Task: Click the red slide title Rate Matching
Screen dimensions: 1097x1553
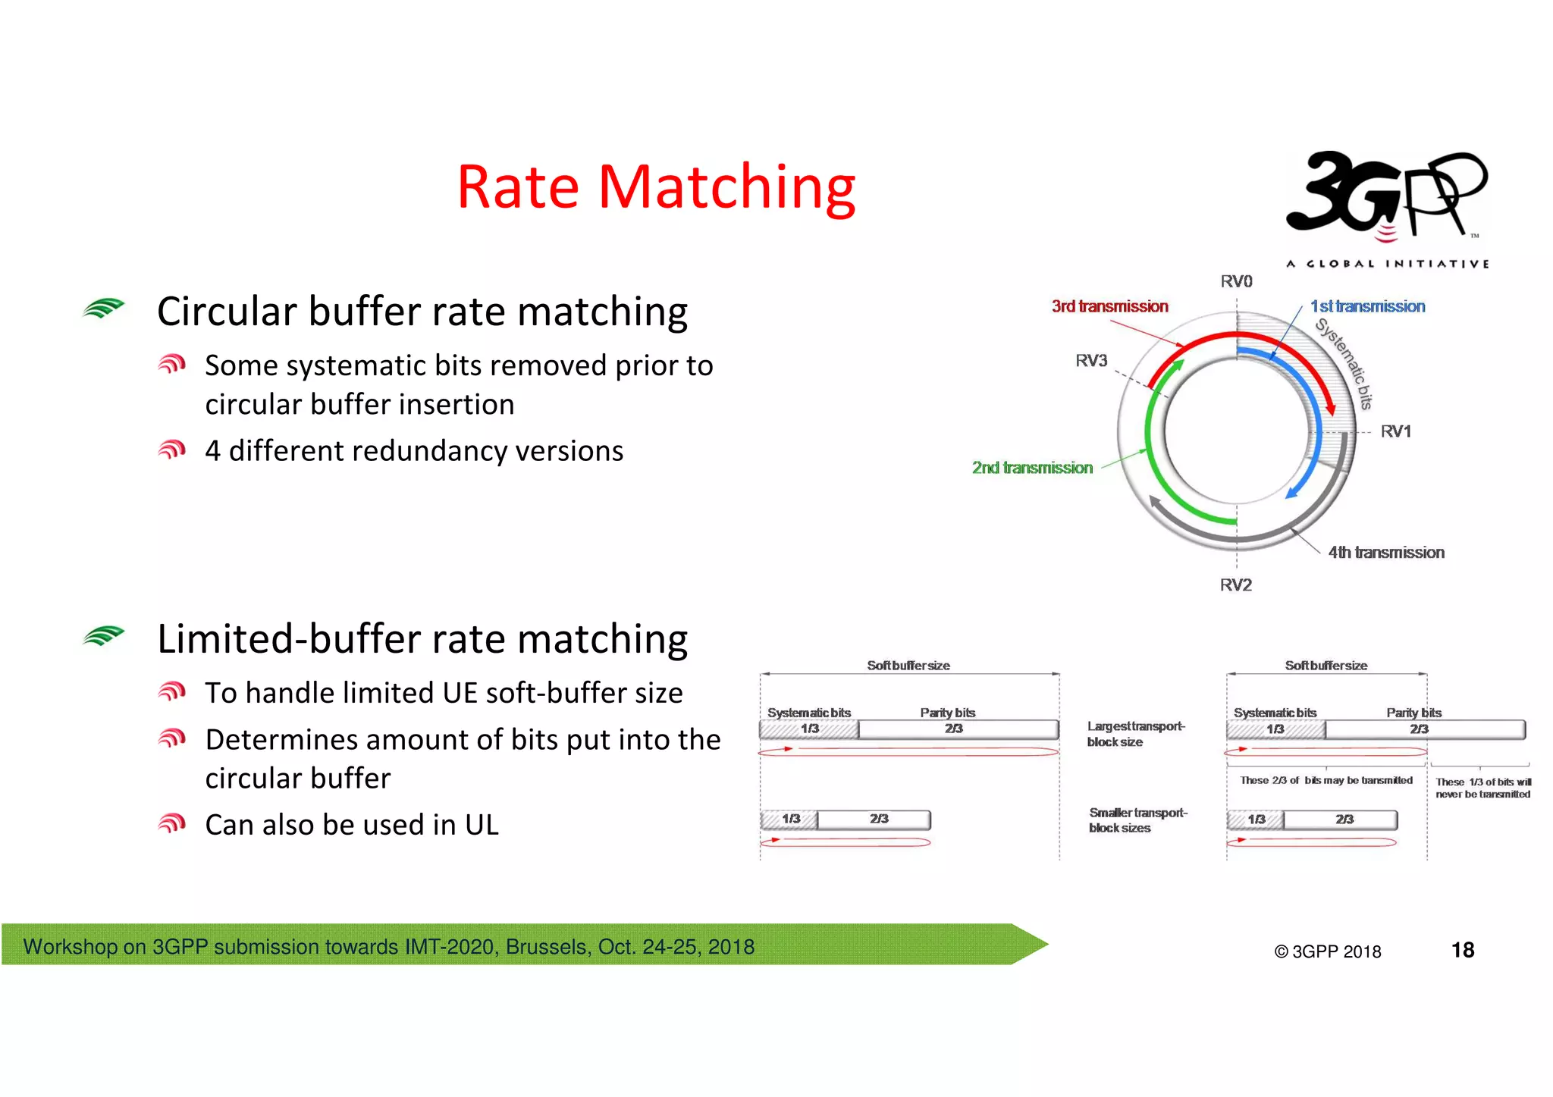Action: [656, 187]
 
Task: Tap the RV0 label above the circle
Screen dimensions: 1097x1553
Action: [1236, 281]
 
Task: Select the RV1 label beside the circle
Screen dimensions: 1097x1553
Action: [1395, 431]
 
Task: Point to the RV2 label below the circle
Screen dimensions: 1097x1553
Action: [1235, 585]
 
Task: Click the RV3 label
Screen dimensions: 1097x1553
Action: [1091, 360]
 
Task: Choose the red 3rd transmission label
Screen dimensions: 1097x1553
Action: [1109, 306]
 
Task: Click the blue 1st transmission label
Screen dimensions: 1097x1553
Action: [1367, 306]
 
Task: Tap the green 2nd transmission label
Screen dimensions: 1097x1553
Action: [1032, 468]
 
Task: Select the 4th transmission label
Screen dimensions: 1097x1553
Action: [1385, 553]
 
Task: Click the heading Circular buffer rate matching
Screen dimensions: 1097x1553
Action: [422, 312]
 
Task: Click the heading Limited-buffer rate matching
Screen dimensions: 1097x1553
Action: [422, 639]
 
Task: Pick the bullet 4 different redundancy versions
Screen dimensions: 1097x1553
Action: [414, 451]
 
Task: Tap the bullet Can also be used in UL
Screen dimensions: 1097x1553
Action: [352, 825]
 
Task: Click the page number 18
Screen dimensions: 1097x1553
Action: [1462, 950]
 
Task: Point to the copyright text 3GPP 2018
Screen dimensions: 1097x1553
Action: [1328, 951]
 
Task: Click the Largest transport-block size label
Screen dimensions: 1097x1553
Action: [1134, 734]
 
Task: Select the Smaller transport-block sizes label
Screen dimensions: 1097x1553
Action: [1137, 820]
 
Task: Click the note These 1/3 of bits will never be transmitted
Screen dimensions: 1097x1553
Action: [1482, 788]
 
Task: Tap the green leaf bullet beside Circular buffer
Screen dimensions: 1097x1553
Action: [104, 309]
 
